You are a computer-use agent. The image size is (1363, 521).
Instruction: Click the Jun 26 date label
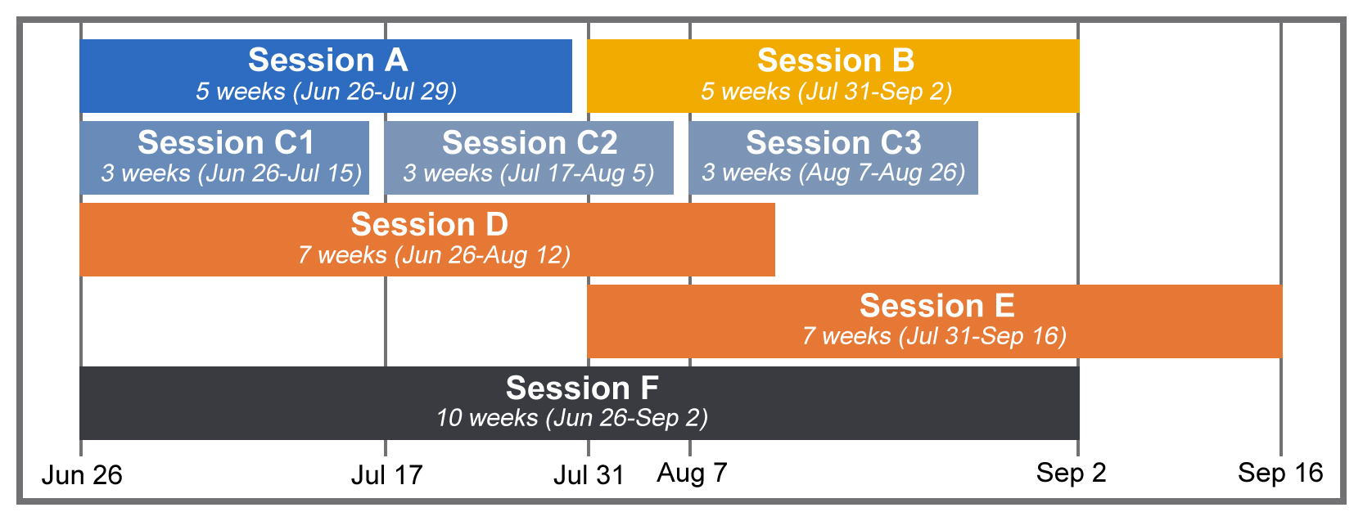click(x=82, y=475)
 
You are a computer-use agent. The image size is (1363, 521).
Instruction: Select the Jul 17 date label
click(x=387, y=475)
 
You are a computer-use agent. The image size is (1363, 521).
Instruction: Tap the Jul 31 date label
click(x=589, y=475)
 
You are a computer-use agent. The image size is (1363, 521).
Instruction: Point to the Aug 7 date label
click(x=692, y=473)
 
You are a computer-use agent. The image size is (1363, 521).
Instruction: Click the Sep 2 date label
click(x=1071, y=473)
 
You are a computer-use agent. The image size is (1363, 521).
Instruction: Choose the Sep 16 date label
click(x=1280, y=473)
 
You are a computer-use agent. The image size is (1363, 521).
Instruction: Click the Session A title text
click(x=327, y=60)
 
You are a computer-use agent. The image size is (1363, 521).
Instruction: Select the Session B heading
click(x=836, y=61)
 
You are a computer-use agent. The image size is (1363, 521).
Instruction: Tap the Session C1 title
click(x=226, y=142)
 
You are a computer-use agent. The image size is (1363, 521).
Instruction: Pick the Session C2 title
click(x=530, y=142)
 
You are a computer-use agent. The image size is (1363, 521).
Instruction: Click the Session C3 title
click(x=833, y=142)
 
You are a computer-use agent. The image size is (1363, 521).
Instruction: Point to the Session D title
click(x=429, y=224)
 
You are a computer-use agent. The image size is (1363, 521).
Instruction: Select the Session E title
click(x=937, y=305)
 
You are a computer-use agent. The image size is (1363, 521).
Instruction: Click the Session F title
click(x=582, y=388)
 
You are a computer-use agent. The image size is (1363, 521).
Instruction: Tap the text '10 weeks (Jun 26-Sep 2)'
click(x=572, y=418)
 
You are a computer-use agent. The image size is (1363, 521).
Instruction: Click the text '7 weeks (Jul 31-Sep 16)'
click(x=934, y=336)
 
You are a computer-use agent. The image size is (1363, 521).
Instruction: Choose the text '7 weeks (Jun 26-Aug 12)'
click(x=434, y=255)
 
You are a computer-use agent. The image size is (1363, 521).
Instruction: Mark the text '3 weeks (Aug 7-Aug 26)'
click(x=833, y=173)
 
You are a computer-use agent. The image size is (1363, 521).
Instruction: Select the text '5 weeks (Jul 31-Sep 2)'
click(x=826, y=92)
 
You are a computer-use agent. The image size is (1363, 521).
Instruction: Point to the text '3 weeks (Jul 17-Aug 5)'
click(x=528, y=173)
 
